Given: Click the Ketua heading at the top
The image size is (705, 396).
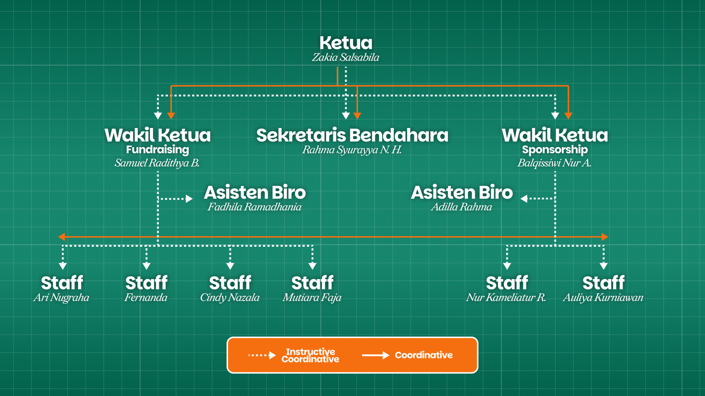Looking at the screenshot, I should pos(346,43).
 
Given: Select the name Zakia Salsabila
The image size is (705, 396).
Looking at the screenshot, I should pos(345,58).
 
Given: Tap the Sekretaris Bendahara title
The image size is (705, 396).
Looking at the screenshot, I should pos(352,135).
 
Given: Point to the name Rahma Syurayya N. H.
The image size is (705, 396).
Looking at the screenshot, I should pos(352,150).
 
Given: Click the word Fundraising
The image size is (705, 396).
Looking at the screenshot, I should pos(157,149).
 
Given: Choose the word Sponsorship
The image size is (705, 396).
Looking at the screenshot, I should pos(555,149).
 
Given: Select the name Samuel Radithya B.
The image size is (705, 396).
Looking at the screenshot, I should pos(157,163).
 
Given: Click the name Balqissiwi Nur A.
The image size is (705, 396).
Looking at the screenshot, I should pos(554,163).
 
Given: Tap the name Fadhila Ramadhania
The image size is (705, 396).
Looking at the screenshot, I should pos(254,207).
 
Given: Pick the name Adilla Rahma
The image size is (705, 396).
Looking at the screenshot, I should pos(461,207).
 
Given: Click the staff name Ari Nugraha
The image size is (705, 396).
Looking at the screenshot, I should pos(62,297).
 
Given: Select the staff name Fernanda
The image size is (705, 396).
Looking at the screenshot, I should pos(146,297).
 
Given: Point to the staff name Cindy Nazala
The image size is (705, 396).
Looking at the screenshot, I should pos(230,297).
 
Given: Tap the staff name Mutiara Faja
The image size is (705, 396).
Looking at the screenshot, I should pos(312,297).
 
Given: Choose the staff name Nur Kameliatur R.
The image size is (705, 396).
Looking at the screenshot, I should pos(506,297).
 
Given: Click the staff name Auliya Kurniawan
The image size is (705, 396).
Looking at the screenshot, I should pos(603,297).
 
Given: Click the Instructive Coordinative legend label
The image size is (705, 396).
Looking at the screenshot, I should pos(310,355).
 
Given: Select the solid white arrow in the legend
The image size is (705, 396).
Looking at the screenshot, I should pos(376,355).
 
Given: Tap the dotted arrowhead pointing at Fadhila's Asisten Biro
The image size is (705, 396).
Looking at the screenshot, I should pos(189,198).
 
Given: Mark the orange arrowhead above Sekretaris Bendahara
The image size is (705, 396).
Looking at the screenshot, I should pos(358,115).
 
